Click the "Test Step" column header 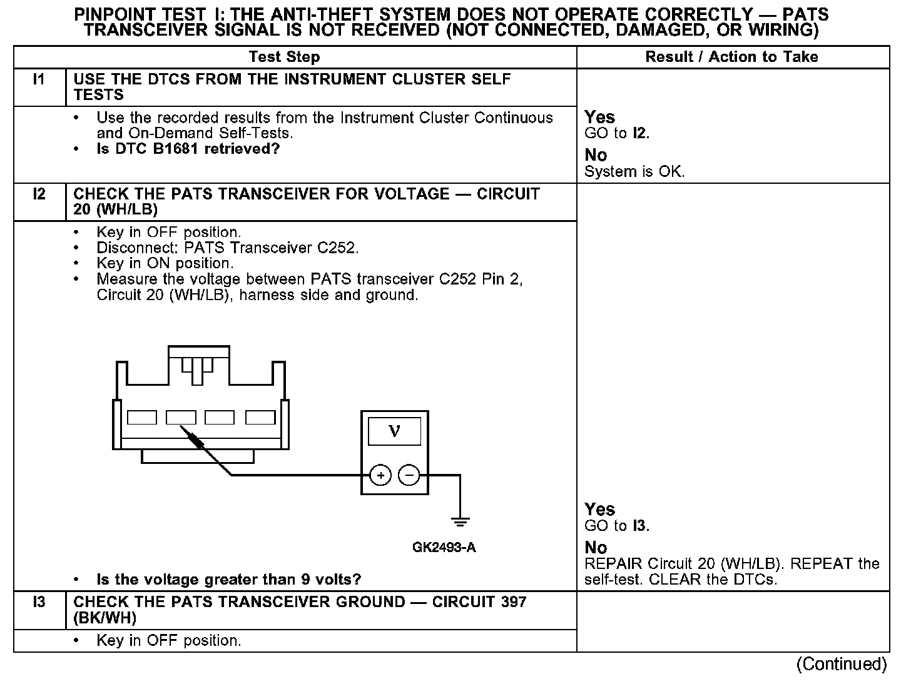click(x=284, y=57)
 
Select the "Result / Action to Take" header click(x=731, y=57)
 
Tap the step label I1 click(x=39, y=79)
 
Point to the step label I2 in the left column click(x=39, y=194)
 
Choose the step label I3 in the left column click(x=39, y=602)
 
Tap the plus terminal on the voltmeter click(x=380, y=476)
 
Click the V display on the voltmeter click(x=394, y=431)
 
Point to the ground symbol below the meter click(x=460, y=521)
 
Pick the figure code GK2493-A click(x=444, y=548)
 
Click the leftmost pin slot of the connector click(x=142, y=417)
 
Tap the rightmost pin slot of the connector click(x=260, y=417)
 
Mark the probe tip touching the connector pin click(x=182, y=428)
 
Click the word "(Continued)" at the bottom click(x=842, y=664)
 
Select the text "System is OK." click(x=634, y=172)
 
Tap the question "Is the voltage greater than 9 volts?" click(x=229, y=580)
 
